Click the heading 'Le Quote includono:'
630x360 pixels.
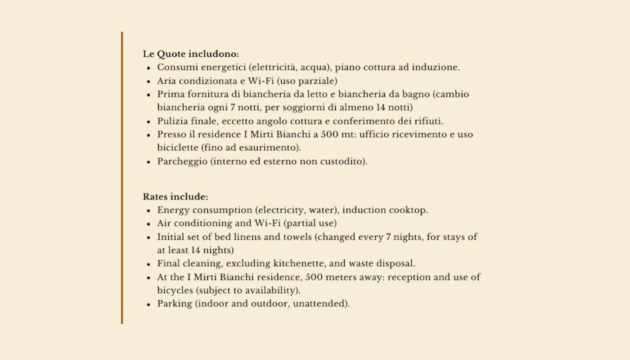(x=191, y=54)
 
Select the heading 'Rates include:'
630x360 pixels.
(x=175, y=197)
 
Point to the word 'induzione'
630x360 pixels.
(x=438, y=67)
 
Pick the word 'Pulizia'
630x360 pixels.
(x=170, y=121)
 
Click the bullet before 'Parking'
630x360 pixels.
(x=148, y=304)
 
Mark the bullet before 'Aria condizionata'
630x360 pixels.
(x=148, y=82)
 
